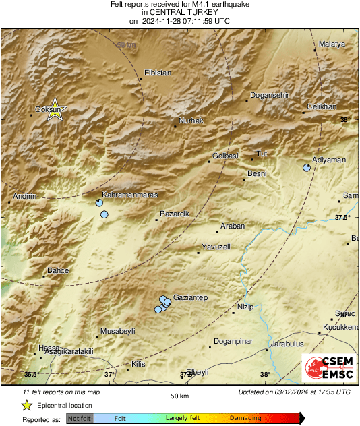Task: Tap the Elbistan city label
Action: [x=158, y=73]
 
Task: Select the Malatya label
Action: [x=332, y=44]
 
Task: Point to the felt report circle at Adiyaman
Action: [x=307, y=168]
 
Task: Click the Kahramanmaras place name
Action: [x=133, y=195]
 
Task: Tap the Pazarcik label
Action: [x=174, y=214]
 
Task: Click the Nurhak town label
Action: [x=190, y=121]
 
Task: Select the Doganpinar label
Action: [x=233, y=340]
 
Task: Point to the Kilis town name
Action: [x=138, y=364]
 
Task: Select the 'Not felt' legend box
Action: [x=80, y=418]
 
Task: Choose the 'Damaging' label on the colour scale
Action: [x=245, y=418]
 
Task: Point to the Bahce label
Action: [x=57, y=270]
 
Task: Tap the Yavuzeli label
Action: [x=216, y=247]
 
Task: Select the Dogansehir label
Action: [x=270, y=95]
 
